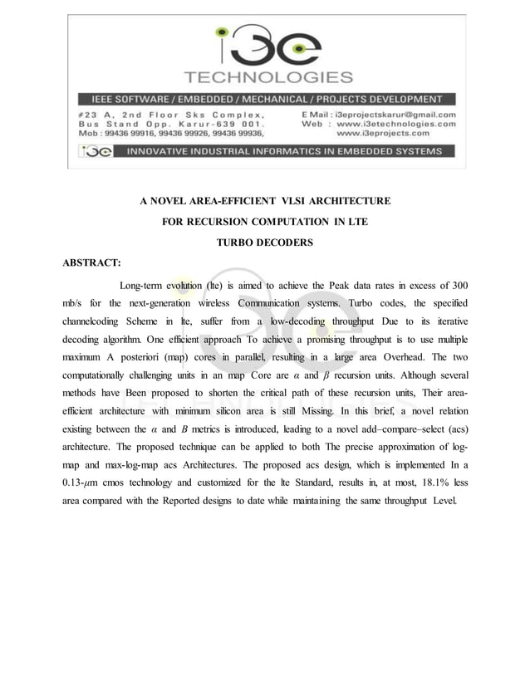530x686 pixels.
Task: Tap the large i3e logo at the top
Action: point(265,47)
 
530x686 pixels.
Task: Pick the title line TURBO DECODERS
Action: point(265,243)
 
